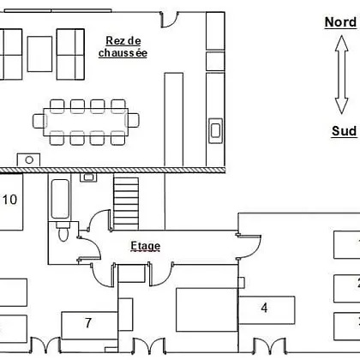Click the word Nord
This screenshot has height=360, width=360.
[x=340, y=22]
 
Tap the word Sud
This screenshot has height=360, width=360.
[x=344, y=131]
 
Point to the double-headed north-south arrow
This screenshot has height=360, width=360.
[x=341, y=75]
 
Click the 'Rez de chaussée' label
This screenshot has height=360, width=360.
[x=123, y=47]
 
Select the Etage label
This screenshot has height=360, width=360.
[x=146, y=246]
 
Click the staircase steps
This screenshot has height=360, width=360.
[x=126, y=203]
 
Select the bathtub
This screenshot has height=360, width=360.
[x=60, y=199]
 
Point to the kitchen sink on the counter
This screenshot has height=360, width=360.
[x=215, y=130]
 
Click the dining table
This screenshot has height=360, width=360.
[x=86, y=122]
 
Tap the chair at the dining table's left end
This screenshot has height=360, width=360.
[x=39, y=121]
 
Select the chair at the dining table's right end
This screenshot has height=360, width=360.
[x=133, y=120]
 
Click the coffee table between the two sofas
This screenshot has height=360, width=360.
[x=39, y=54]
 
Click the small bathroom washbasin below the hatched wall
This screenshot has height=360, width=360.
[x=88, y=177]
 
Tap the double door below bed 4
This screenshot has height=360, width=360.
[x=270, y=346]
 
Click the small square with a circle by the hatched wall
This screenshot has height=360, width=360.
[x=28, y=160]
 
